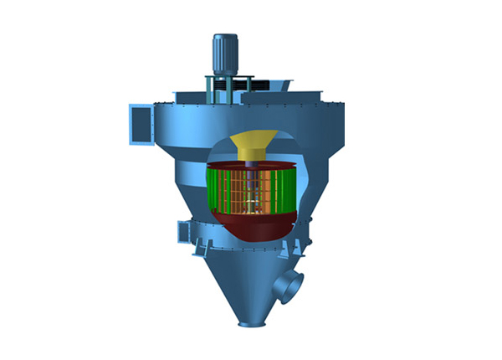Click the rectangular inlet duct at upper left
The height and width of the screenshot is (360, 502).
(140, 123)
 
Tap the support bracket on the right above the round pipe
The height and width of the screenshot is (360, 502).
(295, 249)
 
